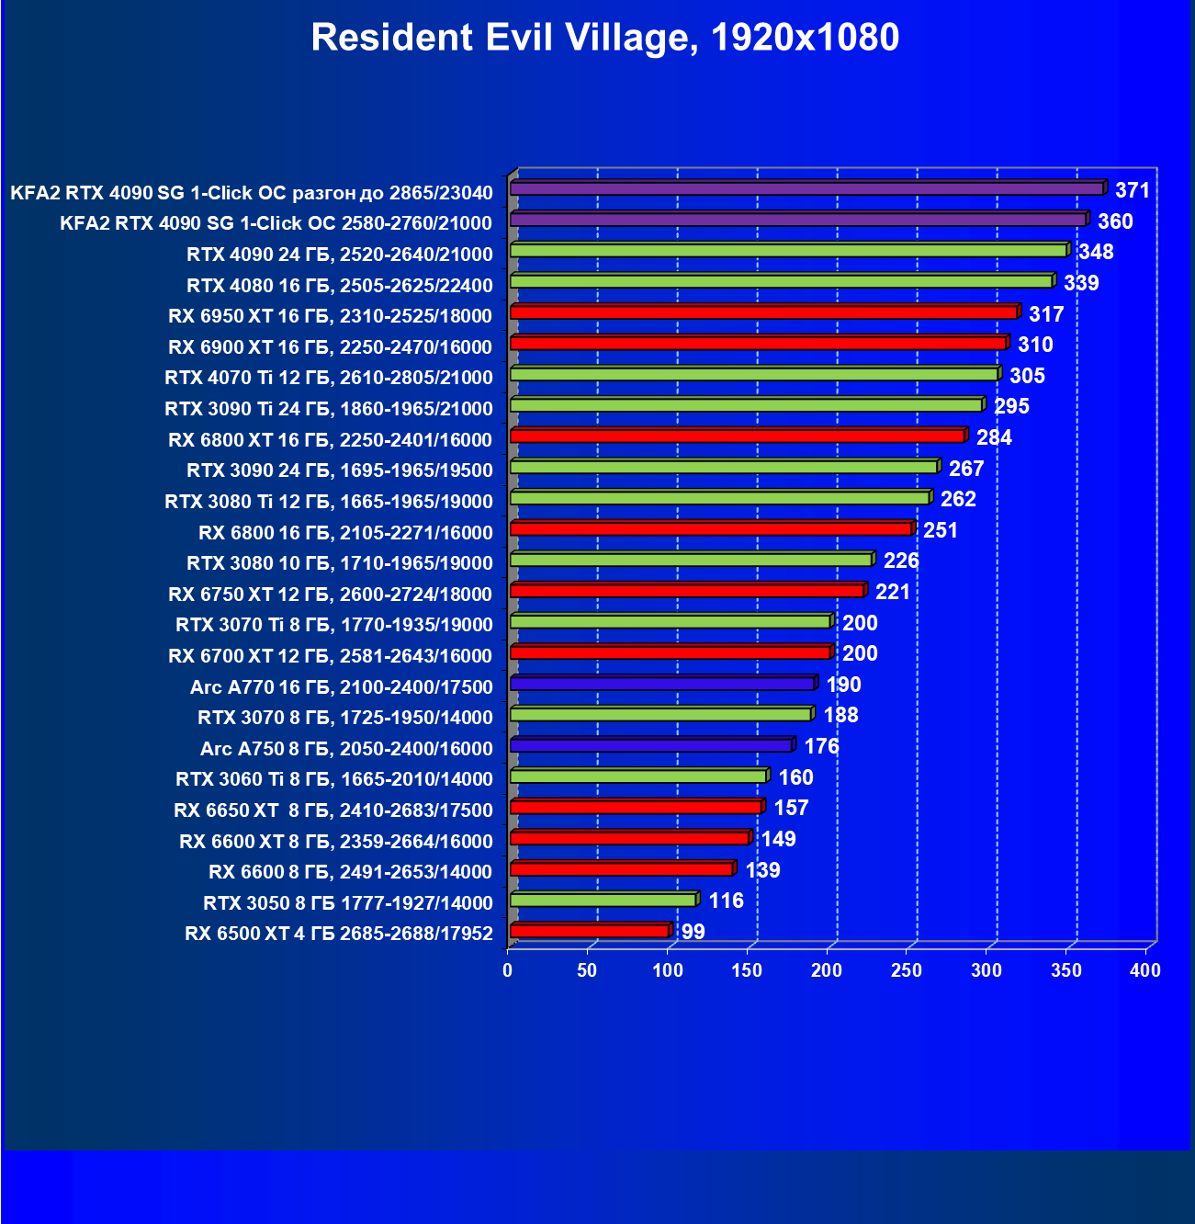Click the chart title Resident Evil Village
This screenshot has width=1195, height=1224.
604,38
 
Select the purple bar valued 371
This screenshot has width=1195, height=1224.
806,188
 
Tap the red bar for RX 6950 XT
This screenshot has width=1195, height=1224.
763,312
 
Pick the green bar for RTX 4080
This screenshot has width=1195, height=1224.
781,281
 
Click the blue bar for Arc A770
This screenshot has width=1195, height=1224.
662,684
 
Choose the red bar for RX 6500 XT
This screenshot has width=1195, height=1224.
590,931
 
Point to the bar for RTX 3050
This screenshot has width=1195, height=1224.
603,900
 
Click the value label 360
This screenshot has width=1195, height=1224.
1115,221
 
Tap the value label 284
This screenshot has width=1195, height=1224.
994,437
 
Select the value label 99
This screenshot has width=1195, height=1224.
693,932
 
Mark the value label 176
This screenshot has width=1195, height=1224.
821,746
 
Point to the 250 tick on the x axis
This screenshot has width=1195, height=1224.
907,970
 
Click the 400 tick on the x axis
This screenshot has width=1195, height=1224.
1145,970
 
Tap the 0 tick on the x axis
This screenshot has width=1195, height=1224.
508,970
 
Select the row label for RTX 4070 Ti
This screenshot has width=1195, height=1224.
329,377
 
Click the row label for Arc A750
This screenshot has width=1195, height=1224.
346,748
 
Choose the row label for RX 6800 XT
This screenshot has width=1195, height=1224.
331,439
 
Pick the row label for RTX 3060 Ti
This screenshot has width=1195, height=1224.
334,778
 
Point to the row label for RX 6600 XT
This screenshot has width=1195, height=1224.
336,841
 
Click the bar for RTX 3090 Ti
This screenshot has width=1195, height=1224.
746,404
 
